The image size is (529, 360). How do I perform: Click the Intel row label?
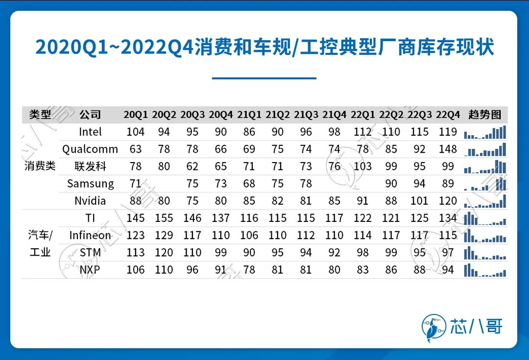pos(90,132)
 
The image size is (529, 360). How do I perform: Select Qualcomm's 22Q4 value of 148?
pos(448,149)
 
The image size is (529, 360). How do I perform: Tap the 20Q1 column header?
pos(136,115)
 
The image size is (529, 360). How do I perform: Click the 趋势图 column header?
pos(485,115)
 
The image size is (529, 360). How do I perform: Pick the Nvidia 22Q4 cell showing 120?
pos(448,201)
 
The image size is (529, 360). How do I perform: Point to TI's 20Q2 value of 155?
pos(164,218)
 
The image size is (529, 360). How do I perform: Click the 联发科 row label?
pos(90,166)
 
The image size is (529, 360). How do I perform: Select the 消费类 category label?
pos(40,166)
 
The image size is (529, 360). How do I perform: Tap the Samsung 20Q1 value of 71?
pos(136,184)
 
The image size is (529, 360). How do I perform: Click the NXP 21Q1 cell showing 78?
pos(249,270)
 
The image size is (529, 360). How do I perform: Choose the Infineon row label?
pos(90,235)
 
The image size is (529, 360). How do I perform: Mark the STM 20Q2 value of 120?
pos(164,253)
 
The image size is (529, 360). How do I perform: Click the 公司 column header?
pos(90,115)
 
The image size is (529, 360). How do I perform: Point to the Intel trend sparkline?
pos(485,132)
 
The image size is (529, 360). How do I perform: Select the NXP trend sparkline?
pos(485,270)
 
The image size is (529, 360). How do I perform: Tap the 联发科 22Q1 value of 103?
pos(362,166)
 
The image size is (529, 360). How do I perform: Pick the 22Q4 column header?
pos(448,115)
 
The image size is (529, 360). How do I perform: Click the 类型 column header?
pos(40,115)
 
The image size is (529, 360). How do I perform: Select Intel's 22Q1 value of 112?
pos(362,132)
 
